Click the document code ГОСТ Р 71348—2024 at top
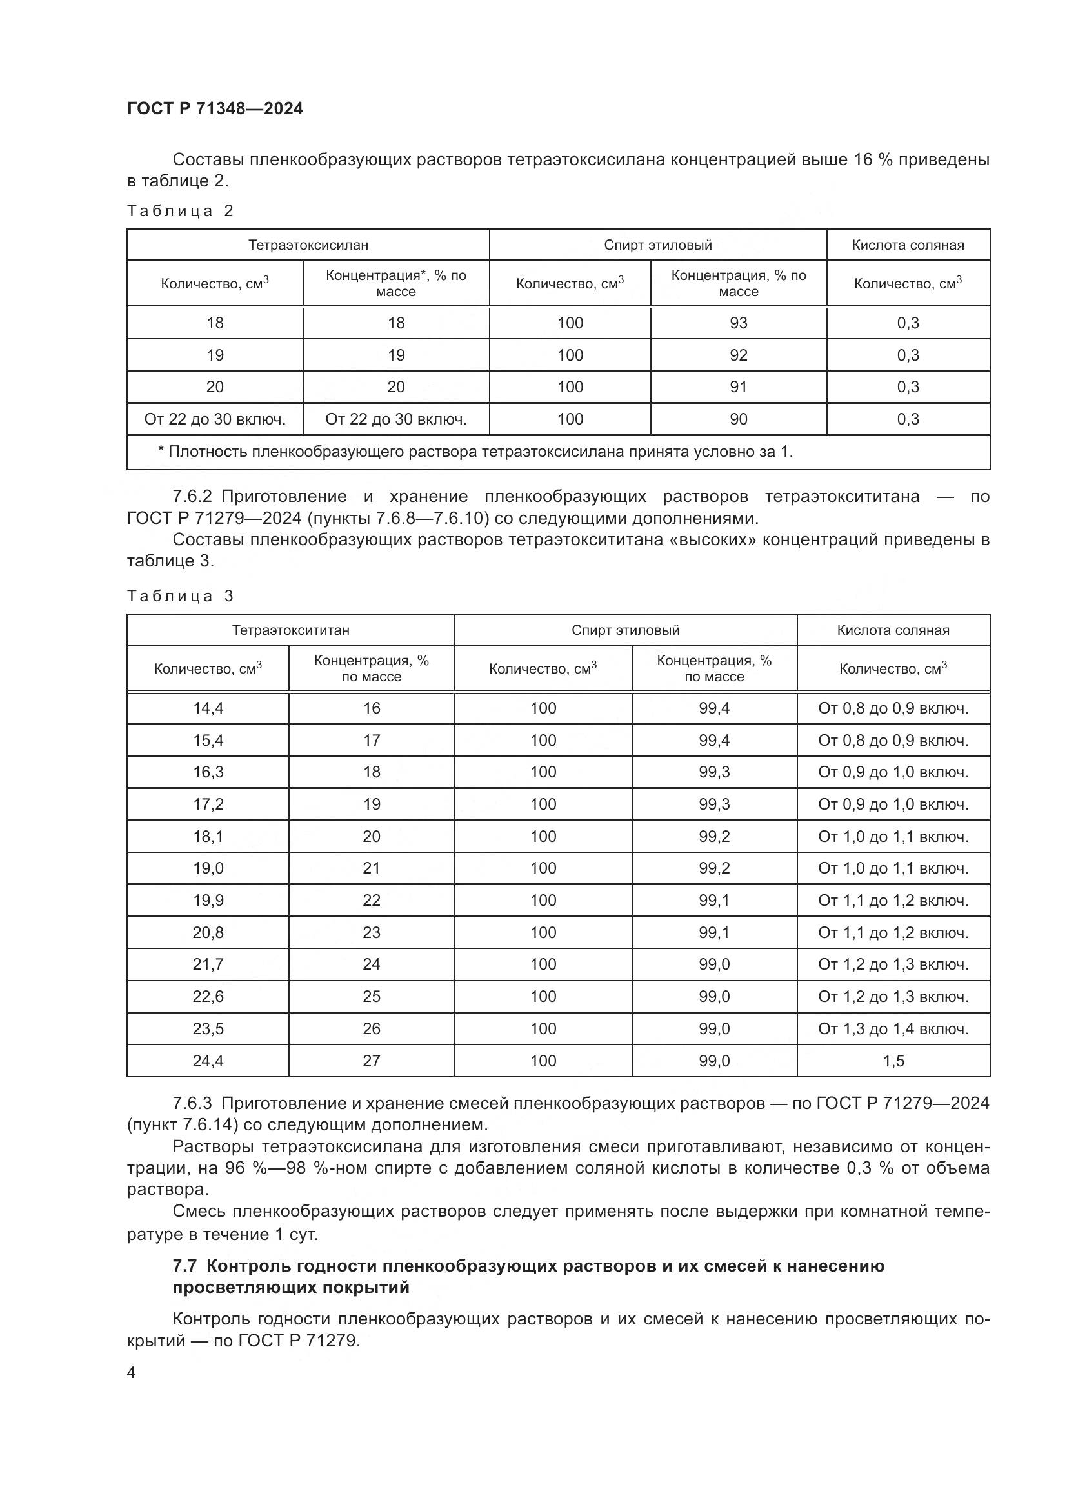click(215, 108)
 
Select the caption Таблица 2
click(180, 211)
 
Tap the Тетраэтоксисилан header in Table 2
click(308, 245)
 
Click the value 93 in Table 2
click(738, 323)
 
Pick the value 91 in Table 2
click(738, 386)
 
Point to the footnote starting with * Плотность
click(475, 452)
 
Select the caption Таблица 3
click(180, 596)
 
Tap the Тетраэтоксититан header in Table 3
click(290, 630)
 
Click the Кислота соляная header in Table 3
click(893, 630)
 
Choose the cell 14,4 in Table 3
click(208, 708)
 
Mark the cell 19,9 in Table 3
click(208, 900)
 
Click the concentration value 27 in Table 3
click(371, 1061)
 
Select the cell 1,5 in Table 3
click(893, 1061)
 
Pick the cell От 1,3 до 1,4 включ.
click(893, 1028)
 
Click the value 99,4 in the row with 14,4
click(714, 708)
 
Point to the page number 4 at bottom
click(132, 1372)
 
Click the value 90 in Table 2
click(738, 419)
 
